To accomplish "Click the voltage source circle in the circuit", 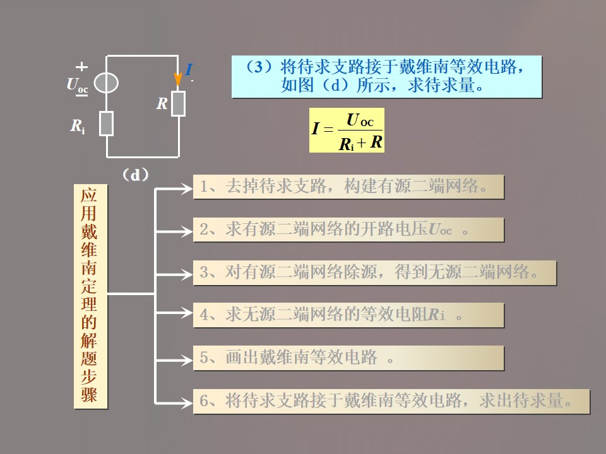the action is (106, 84).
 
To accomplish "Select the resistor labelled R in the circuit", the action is (179, 103).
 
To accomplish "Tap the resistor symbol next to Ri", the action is (106, 124).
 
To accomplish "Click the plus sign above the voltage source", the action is (81, 66).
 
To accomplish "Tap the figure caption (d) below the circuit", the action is (135, 175).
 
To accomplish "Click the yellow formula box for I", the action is (347, 130).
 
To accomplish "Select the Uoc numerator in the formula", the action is (360, 120).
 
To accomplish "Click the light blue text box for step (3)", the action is (386, 76).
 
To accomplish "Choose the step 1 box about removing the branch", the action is (348, 187).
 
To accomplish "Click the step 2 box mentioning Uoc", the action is (348, 230).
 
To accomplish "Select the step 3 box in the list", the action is (374, 272).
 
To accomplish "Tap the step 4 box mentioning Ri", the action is (348, 315).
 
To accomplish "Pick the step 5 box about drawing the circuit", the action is (348, 358).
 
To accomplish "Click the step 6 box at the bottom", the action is (391, 401).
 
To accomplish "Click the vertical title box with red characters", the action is (90, 296).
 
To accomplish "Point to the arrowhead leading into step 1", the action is (188, 187).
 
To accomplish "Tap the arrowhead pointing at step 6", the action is (188, 402).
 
